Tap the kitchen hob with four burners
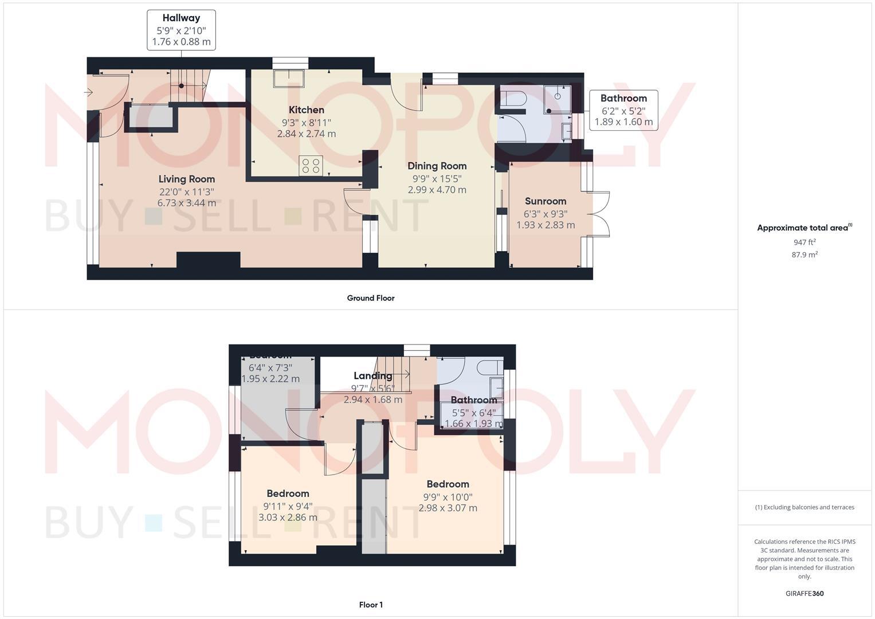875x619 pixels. (x=311, y=166)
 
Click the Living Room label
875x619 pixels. (x=187, y=179)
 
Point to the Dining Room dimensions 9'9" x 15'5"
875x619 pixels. (x=437, y=178)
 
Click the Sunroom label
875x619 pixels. (x=546, y=201)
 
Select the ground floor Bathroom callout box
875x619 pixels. (x=623, y=109)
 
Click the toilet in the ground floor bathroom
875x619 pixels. (x=511, y=98)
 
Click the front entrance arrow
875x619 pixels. (x=89, y=92)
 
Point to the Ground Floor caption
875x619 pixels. (x=371, y=298)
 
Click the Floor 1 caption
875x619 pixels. (x=371, y=605)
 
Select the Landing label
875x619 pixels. (x=372, y=376)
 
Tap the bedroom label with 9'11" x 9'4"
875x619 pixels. (x=288, y=493)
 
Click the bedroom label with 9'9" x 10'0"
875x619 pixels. (x=448, y=484)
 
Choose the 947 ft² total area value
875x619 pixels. (x=805, y=242)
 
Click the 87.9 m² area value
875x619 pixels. (x=805, y=254)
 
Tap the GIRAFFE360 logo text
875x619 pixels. (x=805, y=594)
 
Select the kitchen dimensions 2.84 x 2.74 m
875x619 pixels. (x=307, y=134)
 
